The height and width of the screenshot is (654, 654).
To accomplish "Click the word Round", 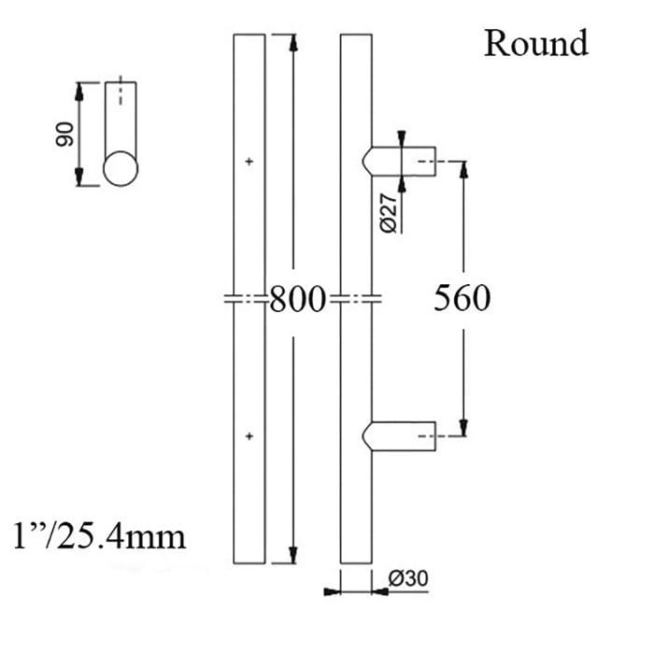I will point(535,43).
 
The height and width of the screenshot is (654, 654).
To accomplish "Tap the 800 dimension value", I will point(297,300).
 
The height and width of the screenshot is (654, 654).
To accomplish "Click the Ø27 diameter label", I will point(391,212).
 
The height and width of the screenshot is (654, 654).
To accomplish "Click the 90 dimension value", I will point(64,137).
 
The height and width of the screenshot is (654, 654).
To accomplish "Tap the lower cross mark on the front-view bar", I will point(249,436).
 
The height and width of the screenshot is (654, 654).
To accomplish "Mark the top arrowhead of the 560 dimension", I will point(462,168).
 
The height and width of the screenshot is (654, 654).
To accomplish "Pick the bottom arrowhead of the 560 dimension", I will point(462,429).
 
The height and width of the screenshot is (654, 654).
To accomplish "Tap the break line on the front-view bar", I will point(249,300).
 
